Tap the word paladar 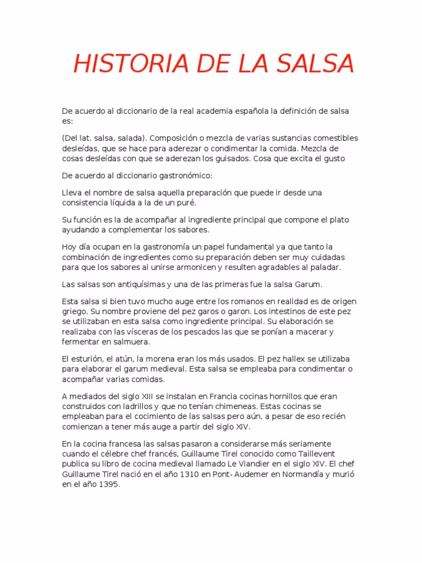coord(326,267)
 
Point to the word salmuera coord(126,342)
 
